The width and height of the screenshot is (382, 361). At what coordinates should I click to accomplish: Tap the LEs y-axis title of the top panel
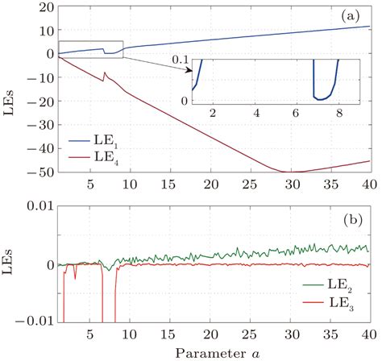pos(10,89)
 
